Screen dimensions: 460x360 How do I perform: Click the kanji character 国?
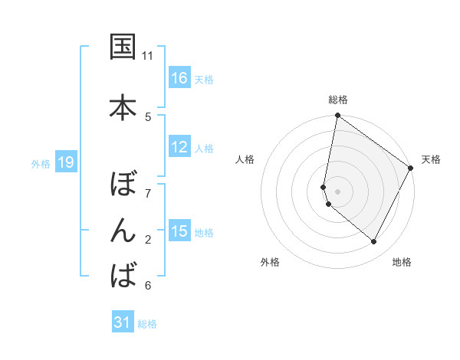[123, 47]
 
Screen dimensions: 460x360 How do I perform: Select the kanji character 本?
[123, 106]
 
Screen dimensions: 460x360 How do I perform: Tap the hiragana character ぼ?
[123, 185]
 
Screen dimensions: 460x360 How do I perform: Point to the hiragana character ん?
[123, 231]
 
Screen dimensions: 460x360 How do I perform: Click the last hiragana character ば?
[123, 273]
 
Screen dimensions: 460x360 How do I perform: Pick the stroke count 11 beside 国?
[148, 56]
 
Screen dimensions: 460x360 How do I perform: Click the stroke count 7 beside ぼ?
[148, 193]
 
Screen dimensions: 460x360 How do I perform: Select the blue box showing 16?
[179, 78]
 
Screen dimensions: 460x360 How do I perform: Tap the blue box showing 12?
[179, 147]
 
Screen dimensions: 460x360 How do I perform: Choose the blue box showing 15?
[179, 231]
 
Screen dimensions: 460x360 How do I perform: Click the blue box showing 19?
[66, 162]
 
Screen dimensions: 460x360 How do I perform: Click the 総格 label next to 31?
[147, 324]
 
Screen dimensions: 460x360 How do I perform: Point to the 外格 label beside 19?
[41, 164]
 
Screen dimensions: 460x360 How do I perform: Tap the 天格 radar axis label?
[431, 159]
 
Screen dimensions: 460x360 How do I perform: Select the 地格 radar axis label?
[402, 262]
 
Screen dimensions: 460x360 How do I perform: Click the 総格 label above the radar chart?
[338, 100]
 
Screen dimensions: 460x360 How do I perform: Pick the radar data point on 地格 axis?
[373, 241]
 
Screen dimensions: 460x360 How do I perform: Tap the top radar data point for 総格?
[337, 116]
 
